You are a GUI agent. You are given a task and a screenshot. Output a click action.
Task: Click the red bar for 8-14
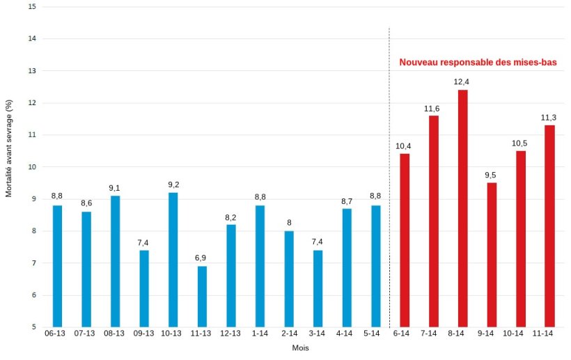point(462,208)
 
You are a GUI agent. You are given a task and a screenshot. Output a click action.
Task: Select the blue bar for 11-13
point(202,296)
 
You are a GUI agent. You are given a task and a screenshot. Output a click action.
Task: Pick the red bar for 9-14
point(492,254)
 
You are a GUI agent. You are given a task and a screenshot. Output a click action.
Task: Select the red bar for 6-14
point(405,240)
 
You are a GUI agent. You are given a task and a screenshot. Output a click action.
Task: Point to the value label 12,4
point(462,81)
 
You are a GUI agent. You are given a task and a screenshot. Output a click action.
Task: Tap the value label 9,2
point(173,185)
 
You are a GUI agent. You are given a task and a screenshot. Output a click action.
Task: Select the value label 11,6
point(432,108)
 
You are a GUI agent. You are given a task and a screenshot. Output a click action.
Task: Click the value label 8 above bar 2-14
point(289,223)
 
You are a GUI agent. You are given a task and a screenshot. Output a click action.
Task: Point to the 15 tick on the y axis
point(32,7)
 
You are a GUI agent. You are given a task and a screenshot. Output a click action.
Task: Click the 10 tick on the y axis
point(32,167)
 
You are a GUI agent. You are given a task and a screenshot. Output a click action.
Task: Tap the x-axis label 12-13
point(230,334)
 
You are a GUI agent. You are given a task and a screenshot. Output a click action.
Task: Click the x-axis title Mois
point(301,347)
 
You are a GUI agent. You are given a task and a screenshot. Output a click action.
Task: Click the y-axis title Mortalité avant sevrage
point(9,147)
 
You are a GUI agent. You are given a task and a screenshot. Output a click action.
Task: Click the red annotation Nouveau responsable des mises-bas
point(478,63)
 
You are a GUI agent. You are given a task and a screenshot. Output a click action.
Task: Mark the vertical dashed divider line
point(389,174)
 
